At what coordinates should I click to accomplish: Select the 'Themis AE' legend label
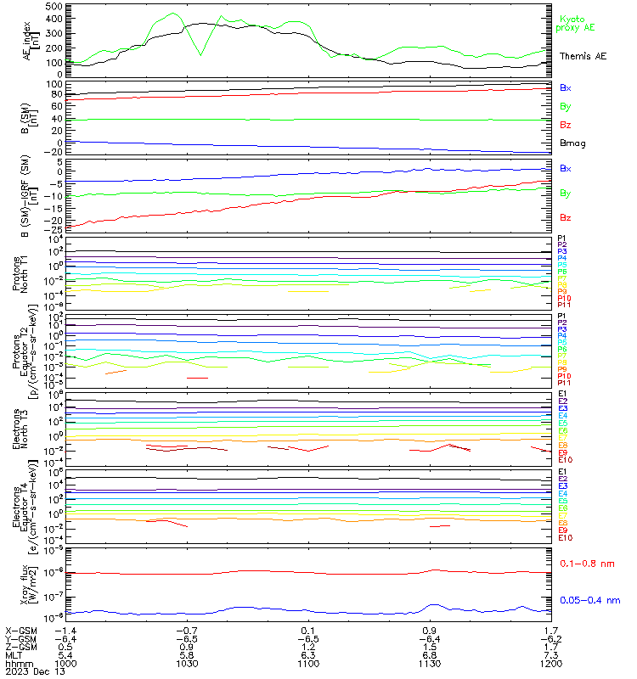(x=583, y=56)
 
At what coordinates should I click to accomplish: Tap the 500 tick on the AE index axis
(x=53, y=7)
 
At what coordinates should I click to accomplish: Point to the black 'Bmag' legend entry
(x=573, y=143)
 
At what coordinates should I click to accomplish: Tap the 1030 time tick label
(x=187, y=663)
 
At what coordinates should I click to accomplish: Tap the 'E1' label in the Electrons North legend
(x=562, y=394)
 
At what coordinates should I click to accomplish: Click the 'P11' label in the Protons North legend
(x=563, y=305)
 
